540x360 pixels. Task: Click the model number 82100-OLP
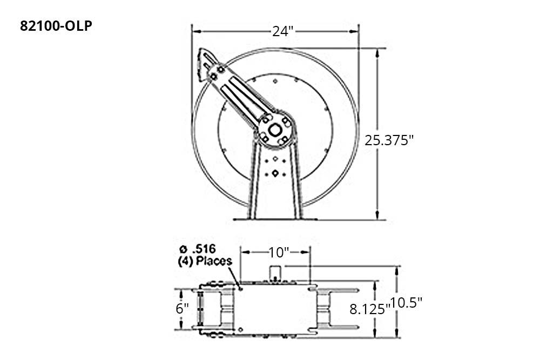pyautogui.click(x=56, y=26)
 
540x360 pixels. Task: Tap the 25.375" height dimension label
pyautogui.click(x=389, y=140)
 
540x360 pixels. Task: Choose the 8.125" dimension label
pyautogui.click(x=369, y=309)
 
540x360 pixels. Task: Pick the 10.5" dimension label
pyautogui.click(x=407, y=303)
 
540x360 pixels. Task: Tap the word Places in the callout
pyautogui.click(x=214, y=261)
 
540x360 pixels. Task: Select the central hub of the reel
pyautogui.click(x=275, y=130)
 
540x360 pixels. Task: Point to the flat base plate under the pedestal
pyautogui.click(x=275, y=219)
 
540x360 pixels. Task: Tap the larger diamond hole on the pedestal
pyautogui.click(x=275, y=173)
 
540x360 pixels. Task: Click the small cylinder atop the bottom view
pyautogui.click(x=276, y=271)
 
